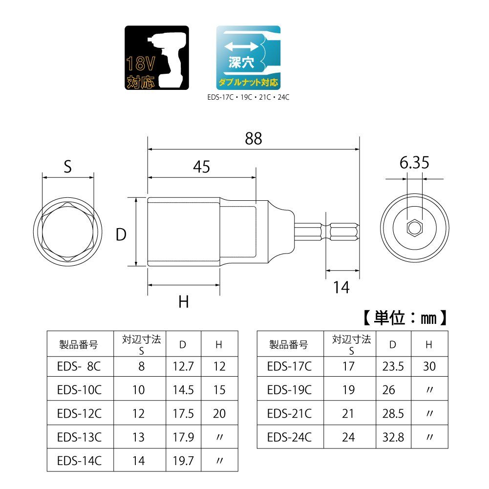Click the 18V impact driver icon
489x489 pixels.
[157, 59]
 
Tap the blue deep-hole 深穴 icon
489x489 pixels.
[248, 58]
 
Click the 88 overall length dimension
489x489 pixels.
[254, 139]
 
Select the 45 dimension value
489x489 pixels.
[201, 167]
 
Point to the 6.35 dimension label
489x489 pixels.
[414, 163]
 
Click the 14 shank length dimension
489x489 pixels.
[342, 288]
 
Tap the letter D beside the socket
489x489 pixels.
[121, 235]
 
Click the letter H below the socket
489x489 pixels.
[183, 302]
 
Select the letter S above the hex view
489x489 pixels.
[67, 167]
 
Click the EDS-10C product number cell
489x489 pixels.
[79, 389]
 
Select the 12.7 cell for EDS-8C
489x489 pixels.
[183, 366]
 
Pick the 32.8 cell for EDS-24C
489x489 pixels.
[393, 437]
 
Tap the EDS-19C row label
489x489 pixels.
[290, 389]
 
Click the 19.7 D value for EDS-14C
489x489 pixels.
[183, 460]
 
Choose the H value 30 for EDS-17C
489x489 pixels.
[429, 366]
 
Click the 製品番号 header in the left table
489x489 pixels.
[79, 345]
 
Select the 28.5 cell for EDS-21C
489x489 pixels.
[393, 413]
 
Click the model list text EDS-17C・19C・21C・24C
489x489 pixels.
[248, 97]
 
